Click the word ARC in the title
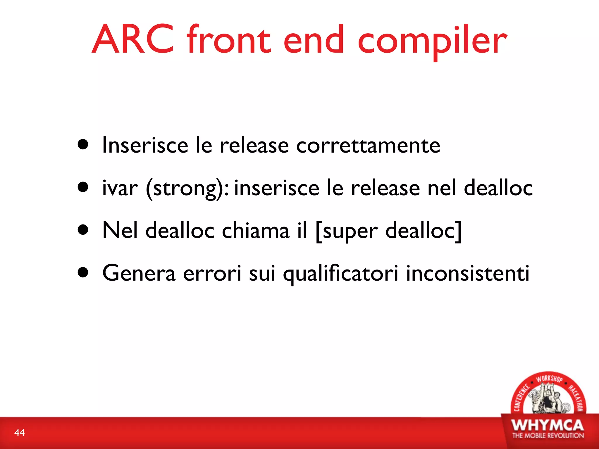tap(133, 39)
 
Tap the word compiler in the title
tap(432, 41)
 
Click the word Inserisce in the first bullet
tap(145, 145)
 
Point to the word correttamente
tap(368, 145)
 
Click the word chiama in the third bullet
tap(256, 230)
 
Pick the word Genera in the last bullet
tap(139, 273)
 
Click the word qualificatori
tap(340, 274)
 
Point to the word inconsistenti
tap(468, 273)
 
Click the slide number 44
tap(20, 433)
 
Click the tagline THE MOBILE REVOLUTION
tap(548, 436)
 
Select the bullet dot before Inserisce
tap(83, 145)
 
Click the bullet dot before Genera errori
tap(83, 272)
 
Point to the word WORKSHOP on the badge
tap(549, 379)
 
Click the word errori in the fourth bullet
tap(212, 273)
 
